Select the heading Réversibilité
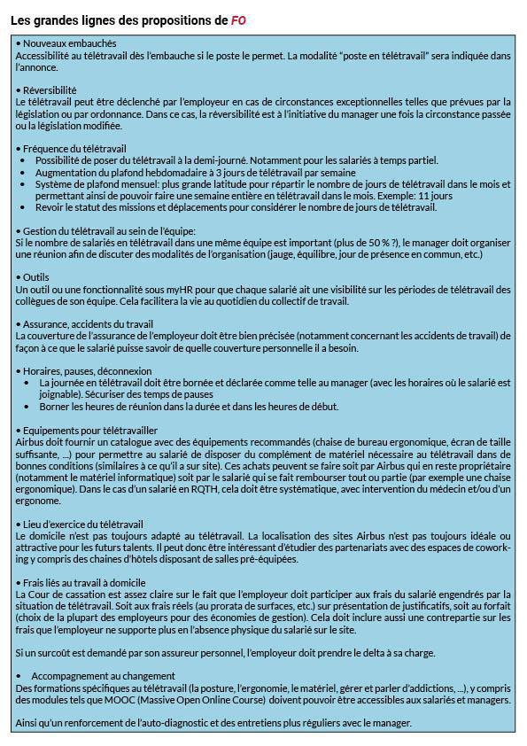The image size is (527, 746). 50,90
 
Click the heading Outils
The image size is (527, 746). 36,277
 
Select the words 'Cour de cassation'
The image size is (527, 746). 56,594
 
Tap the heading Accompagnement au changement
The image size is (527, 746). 99,676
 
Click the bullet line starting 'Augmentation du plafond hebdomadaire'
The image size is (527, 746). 195,172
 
